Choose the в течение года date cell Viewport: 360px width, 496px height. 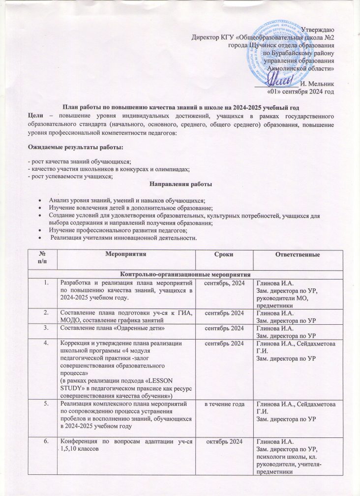pos(224,404)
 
